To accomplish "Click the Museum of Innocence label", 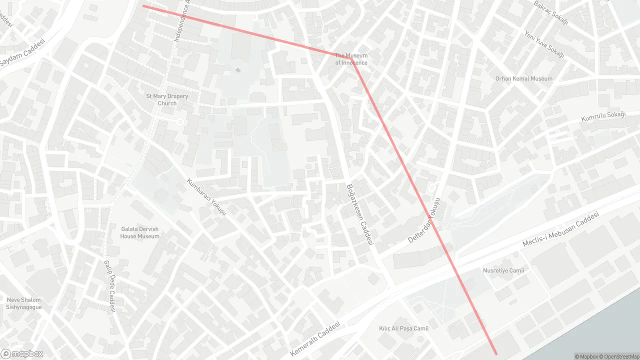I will pyautogui.click(x=351, y=59).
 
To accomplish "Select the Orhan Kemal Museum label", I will pyautogui.click(x=524, y=78).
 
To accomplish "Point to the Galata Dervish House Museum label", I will pyautogui.click(x=140, y=232).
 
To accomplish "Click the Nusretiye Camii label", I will pyautogui.click(x=503, y=270).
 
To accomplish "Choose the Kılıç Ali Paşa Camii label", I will pyautogui.click(x=403, y=328).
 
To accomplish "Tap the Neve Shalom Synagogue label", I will pyautogui.click(x=24, y=303).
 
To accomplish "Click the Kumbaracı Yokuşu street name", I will pyautogui.click(x=206, y=197).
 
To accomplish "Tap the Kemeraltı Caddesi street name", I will pyautogui.click(x=315, y=339).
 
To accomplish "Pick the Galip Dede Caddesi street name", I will pyautogui.click(x=109, y=286).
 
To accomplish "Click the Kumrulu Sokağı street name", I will pyautogui.click(x=603, y=117).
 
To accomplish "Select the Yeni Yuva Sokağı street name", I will pyautogui.click(x=544, y=44).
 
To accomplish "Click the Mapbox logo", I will pyautogui.click(x=22, y=354).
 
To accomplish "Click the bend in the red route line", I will pyautogui.click(x=351, y=58).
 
